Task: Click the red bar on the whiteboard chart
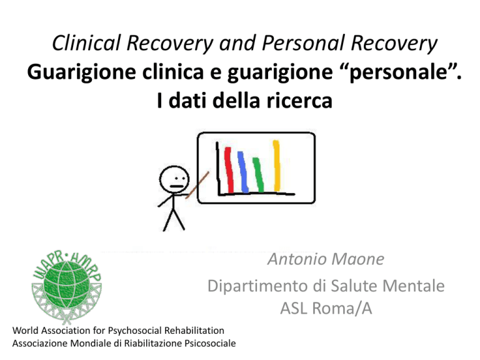(x=229, y=170)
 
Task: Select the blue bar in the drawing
(x=243, y=172)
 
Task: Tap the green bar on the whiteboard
(x=258, y=175)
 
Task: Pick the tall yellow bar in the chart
(x=276, y=166)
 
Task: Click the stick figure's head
(x=174, y=180)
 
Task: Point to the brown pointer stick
(x=197, y=185)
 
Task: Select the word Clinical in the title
(x=86, y=42)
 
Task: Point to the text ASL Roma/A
(x=326, y=308)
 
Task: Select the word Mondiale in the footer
(x=91, y=343)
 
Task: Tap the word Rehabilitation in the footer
(x=194, y=330)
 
